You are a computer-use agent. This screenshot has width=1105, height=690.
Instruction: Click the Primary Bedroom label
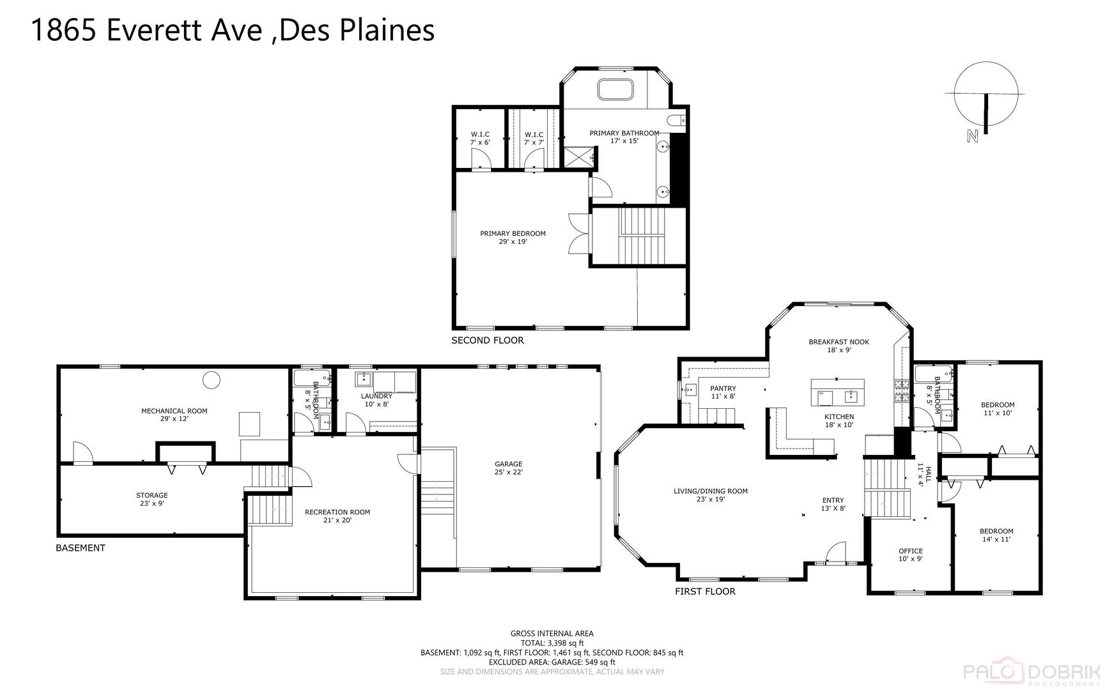[513, 234]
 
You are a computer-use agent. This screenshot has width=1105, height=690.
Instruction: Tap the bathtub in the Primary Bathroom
[615, 89]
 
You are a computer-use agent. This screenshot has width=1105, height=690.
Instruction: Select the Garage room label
[508, 464]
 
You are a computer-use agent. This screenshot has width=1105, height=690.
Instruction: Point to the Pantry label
[723, 388]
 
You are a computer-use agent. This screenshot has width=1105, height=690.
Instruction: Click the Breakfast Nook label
[838, 342]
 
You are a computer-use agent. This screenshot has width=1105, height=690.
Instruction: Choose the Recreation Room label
[337, 512]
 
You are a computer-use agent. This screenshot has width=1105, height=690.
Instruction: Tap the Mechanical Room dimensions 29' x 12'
[174, 419]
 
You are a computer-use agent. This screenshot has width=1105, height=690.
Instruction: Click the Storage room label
[151, 495]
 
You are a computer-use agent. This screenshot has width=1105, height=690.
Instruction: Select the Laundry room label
[376, 396]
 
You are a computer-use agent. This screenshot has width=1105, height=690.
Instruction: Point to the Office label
[910, 551]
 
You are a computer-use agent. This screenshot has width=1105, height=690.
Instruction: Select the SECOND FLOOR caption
[487, 341]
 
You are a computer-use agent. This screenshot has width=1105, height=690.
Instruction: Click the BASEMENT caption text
[81, 548]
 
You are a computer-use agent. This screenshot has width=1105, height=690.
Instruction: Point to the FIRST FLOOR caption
[705, 592]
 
